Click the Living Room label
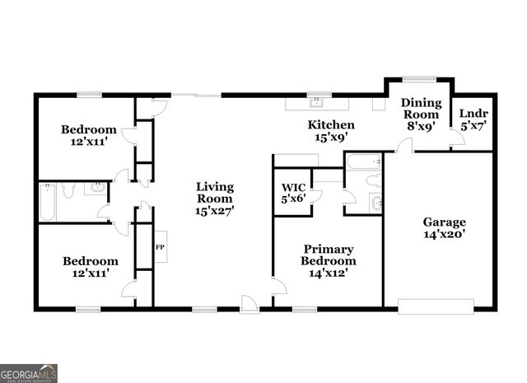(x=214, y=199)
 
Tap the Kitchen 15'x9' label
(x=331, y=130)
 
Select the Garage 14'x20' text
(x=445, y=227)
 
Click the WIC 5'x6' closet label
(x=294, y=192)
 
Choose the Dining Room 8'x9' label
(x=421, y=114)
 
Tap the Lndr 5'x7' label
(x=473, y=120)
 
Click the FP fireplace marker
(x=160, y=246)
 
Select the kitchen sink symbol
(x=317, y=104)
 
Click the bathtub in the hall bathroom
(x=46, y=203)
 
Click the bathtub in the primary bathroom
(x=362, y=161)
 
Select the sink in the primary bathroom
(x=376, y=203)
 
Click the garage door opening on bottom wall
(x=436, y=306)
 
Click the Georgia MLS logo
(x=29, y=372)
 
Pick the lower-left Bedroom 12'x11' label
(x=86, y=267)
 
